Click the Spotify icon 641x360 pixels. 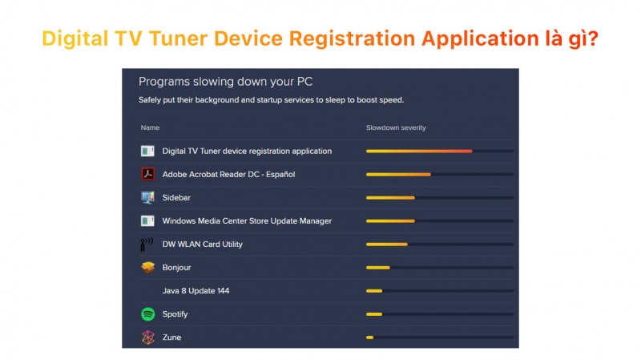147,314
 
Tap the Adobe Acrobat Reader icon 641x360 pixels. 147,174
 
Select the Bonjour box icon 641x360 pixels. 147,268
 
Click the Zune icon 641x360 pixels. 147,338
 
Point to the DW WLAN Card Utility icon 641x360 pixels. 147,245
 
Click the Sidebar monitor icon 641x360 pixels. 147,197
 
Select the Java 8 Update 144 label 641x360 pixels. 196,291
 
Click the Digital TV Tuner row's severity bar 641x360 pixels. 439,151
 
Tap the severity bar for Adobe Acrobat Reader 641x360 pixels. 439,174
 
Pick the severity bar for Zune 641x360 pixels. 439,338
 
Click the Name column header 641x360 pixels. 150,127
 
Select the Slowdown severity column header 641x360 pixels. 396,127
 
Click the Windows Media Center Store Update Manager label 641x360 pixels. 247,221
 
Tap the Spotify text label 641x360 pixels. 175,314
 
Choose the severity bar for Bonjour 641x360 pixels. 439,268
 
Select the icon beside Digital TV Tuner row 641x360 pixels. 147,151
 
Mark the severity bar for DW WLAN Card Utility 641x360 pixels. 439,245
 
